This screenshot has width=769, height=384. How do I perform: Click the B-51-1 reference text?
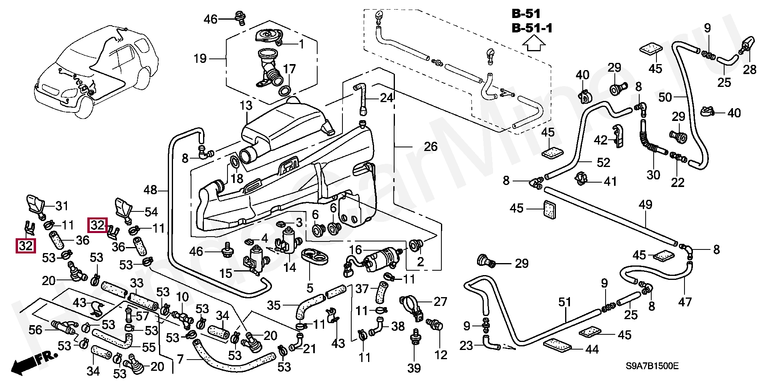(532, 28)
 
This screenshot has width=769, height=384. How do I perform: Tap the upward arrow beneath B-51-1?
(535, 43)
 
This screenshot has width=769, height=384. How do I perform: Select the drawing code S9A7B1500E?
(652, 366)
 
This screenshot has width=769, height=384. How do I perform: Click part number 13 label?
(246, 105)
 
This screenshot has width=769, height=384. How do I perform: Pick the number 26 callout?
(431, 147)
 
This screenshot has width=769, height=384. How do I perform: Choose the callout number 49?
(645, 205)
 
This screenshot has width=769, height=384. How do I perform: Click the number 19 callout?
(200, 59)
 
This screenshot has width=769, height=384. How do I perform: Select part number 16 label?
(355, 250)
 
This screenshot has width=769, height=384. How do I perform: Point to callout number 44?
(592, 350)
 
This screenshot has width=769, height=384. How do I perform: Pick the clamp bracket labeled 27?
(413, 307)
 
